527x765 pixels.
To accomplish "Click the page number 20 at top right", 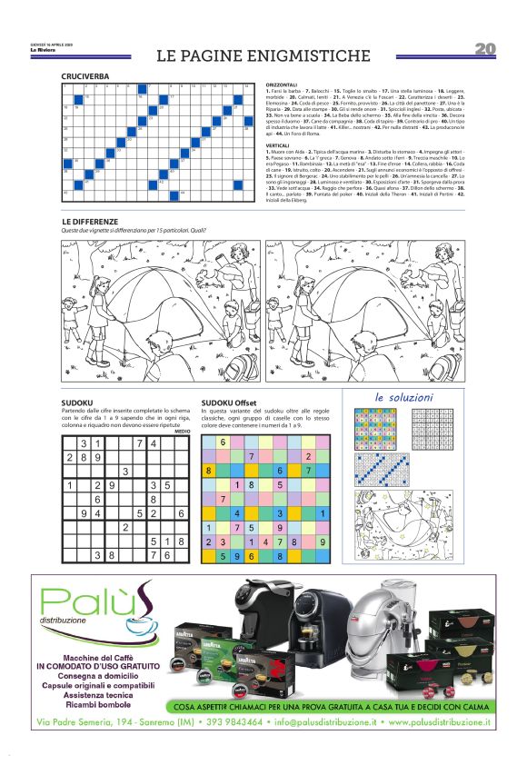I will (484, 48).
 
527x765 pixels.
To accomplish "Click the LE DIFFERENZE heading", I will (90, 222).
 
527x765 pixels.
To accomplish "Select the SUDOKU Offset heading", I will (229, 402).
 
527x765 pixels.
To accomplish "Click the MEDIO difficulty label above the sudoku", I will (182, 431).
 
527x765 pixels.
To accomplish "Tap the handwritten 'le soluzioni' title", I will (403, 397).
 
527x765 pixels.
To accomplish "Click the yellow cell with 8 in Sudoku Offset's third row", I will (209, 471).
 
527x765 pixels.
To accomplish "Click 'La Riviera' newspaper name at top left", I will (40, 50).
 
